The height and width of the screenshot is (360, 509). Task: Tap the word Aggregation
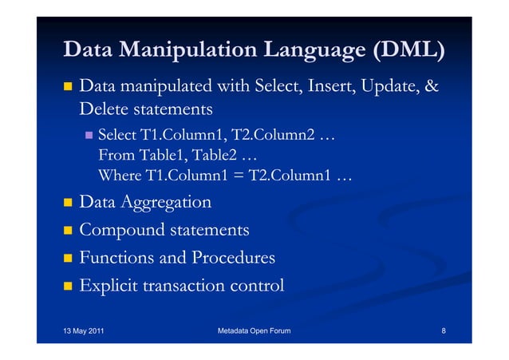pos(166,203)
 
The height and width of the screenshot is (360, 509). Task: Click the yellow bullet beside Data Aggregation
pos(69,203)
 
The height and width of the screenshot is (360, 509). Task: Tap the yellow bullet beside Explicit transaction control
pos(69,285)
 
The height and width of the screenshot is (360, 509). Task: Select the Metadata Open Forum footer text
pos(254,330)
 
